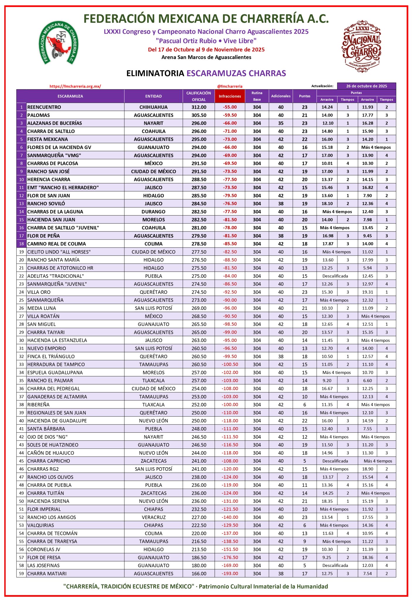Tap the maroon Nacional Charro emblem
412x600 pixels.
[361, 46]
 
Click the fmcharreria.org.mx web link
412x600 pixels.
[75, 86]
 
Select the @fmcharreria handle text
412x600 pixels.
[230, 86]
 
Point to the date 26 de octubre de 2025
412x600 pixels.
[366, 86]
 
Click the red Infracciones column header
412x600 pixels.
[230, 96]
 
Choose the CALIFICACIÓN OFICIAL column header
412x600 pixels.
[199, 96]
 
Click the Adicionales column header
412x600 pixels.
[281, 96]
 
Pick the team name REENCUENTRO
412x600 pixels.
[44, 107]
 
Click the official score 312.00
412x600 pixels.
[199, 107]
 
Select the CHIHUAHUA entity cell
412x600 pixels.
[153, 107]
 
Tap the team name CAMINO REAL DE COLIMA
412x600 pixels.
[57, 244]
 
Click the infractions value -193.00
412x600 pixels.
[230, 573]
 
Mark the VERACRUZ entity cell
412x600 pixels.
[153, 517]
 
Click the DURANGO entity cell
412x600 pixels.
[153, 212]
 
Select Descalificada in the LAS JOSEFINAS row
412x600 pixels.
[335, 565]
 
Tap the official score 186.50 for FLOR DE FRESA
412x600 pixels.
[199, 557]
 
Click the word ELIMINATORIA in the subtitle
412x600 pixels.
[155, 73]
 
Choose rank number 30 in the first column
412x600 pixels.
[21, 340]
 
